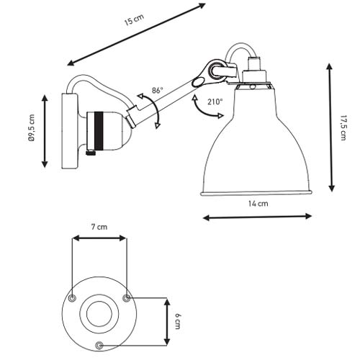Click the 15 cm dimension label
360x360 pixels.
(x=134, y=19)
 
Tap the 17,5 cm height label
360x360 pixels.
(x=343, y=128)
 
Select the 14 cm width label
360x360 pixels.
(x=258, y=204)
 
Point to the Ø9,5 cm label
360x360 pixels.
(x=32, y=128)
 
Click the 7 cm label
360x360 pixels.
(x=99, y=227)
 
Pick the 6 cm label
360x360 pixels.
(x=177, y=321)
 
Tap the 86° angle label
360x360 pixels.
(x=157, y=91)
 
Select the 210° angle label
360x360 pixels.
(x=215, y=102)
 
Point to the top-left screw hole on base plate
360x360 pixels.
(x=72, y=298)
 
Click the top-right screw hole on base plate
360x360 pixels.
(x=127, y=298)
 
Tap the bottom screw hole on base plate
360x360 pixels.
(x=99, y=346)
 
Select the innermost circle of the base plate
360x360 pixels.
(x=99, y=314)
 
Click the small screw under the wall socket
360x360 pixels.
(x=91, y=153)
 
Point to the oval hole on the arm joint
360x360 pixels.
(x=197, y=82)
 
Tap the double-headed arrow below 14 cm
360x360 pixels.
(x=257, y=217)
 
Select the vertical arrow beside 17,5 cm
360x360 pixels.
(x=331, y=127)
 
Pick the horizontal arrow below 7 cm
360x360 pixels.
(x=99, y=238)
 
